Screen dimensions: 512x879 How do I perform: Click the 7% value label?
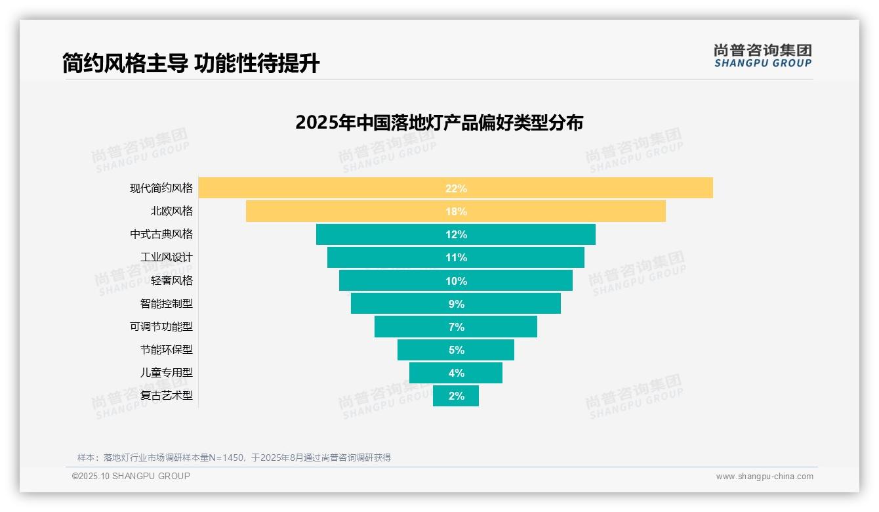456,327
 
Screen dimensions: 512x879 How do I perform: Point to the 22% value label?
456,188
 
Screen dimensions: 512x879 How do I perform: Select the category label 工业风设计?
167,257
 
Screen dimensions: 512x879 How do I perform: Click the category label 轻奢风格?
172,280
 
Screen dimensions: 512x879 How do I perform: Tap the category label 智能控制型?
167,303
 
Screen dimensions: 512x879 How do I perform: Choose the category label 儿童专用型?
167,372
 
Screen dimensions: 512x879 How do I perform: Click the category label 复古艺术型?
167,395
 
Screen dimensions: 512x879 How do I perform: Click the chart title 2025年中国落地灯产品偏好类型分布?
439,123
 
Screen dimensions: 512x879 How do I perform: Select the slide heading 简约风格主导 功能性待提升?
191,64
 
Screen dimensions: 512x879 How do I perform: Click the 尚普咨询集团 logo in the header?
763,55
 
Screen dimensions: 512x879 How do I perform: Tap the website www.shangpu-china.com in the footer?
764,477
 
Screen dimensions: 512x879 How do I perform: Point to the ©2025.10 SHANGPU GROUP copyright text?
131,476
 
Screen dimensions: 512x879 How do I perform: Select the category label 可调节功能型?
161,326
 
